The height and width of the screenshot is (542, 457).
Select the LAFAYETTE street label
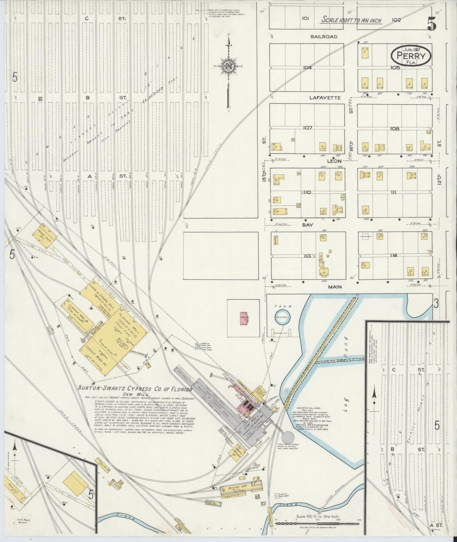pyautogui.click(x=325, y=98)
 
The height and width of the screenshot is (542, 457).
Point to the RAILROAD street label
pyautogui.click(x=324, y=37)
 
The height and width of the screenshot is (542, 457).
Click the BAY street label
pyautogui.click(x=307, y=225)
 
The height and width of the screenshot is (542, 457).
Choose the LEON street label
pyautogui.click(x=334, y=161)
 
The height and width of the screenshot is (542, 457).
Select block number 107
pyautogui.click(x=307, y=128)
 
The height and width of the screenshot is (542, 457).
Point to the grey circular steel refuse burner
pyautogui.click(x=287, y=438)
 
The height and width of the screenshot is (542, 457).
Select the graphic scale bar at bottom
pyautogui.click(x=317, y=523)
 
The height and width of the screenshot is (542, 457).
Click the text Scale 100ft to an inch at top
pyautogui.click(x=351, y=20)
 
